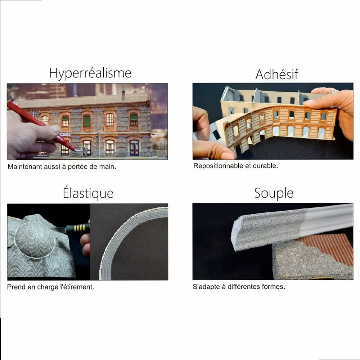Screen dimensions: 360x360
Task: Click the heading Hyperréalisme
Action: [x=90, y=73]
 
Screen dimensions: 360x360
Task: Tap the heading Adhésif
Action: [x=276, y=74]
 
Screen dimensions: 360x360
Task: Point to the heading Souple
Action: [x=274, y=193]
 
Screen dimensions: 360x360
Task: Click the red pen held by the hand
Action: [x=44, y=126]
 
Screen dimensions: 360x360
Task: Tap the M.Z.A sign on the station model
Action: [x=65, y=134]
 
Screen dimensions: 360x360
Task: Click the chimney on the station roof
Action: [x=123, y=94]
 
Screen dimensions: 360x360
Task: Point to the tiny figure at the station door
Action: [x=86, y=150]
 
